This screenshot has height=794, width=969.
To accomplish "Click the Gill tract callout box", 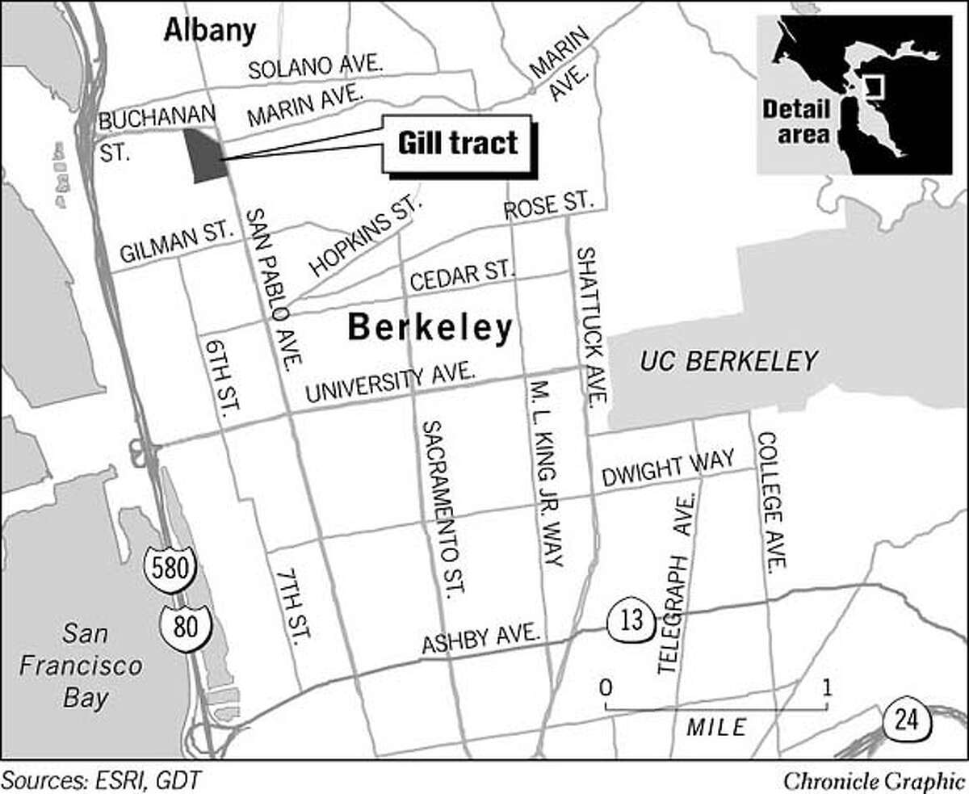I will pos(457,144).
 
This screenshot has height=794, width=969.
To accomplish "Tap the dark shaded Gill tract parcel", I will pos(203,154).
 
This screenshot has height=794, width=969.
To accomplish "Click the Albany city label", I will pos(209,31).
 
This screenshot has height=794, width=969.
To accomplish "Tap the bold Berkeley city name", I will pos(430,328).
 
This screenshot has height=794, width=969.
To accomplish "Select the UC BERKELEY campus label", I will pos(729,360).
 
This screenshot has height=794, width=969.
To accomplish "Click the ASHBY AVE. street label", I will pos(480,641).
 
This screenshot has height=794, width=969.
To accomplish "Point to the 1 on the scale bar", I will pos(826,688).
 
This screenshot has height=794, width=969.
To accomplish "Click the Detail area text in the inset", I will pos(795,121).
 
